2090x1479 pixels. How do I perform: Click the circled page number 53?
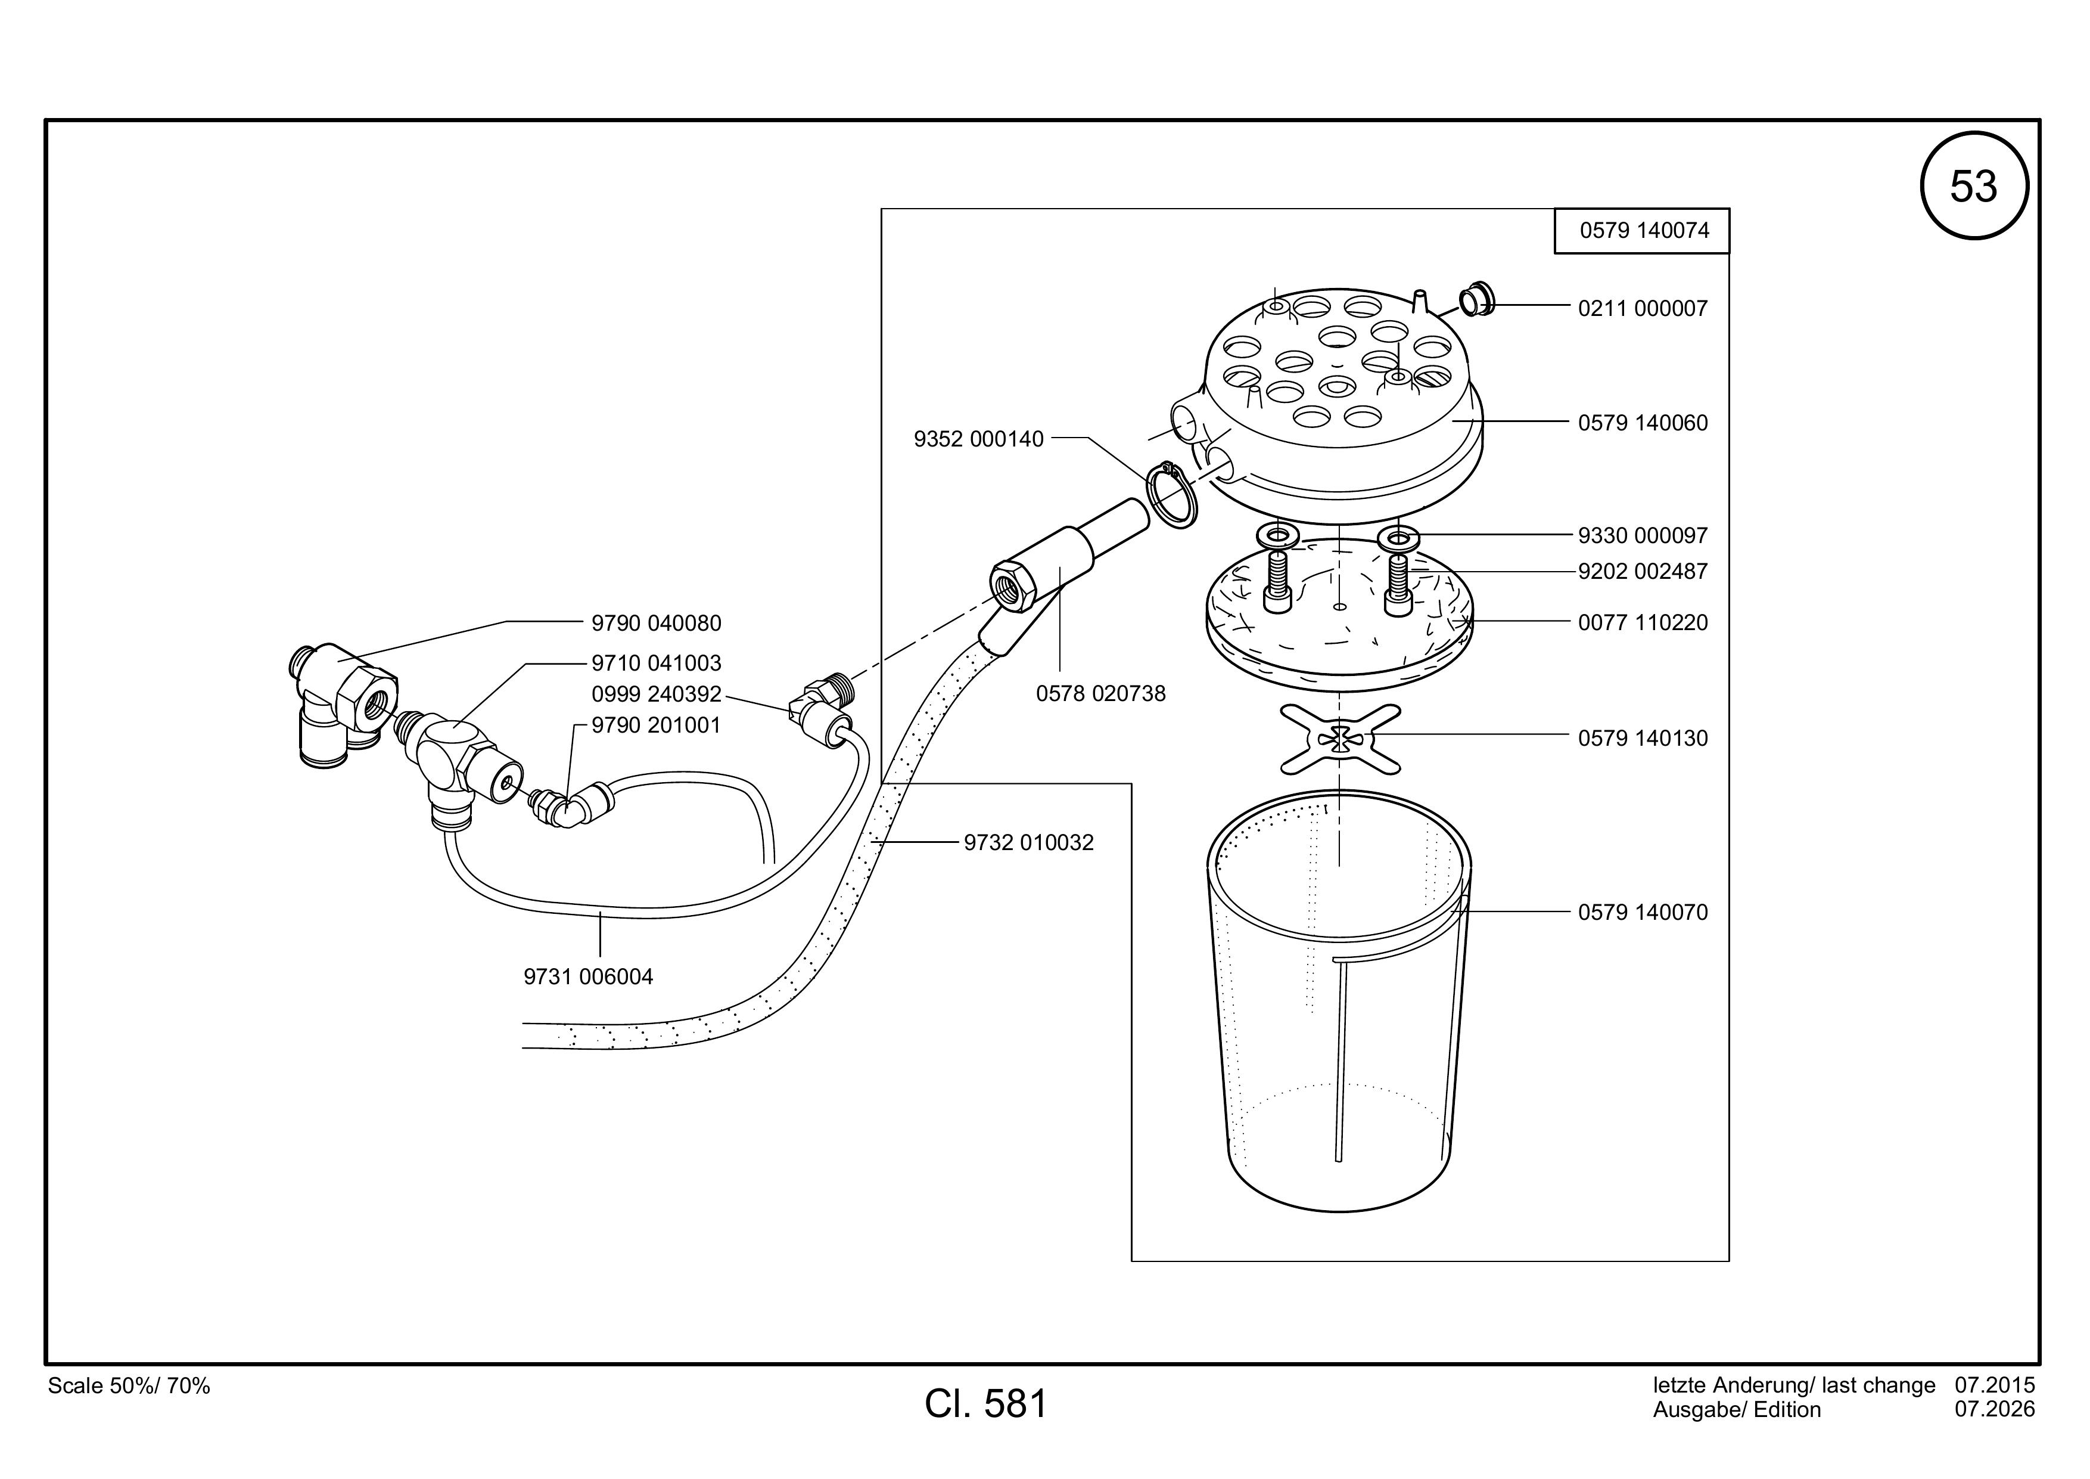pos(1973,186)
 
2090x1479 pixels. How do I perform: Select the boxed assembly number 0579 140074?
pos(1644,231)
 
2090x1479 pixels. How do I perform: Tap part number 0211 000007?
pos(1643,309)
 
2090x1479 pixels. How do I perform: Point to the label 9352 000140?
pos(978,439)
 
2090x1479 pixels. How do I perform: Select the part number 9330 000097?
pos(1643,535)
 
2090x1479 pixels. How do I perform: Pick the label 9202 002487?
pos(1643,572)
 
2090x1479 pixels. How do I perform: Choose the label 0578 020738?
pos(1100,694)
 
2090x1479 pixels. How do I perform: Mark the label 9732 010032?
pos(1028,844)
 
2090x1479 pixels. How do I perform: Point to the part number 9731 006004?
pos(588,977)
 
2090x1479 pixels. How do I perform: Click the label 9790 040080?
pos(657,624)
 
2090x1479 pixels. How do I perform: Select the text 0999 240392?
pos(657,695)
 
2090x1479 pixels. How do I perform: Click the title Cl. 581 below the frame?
pos(986,1404)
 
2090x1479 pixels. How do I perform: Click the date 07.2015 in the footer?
pos(1995,1385)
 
